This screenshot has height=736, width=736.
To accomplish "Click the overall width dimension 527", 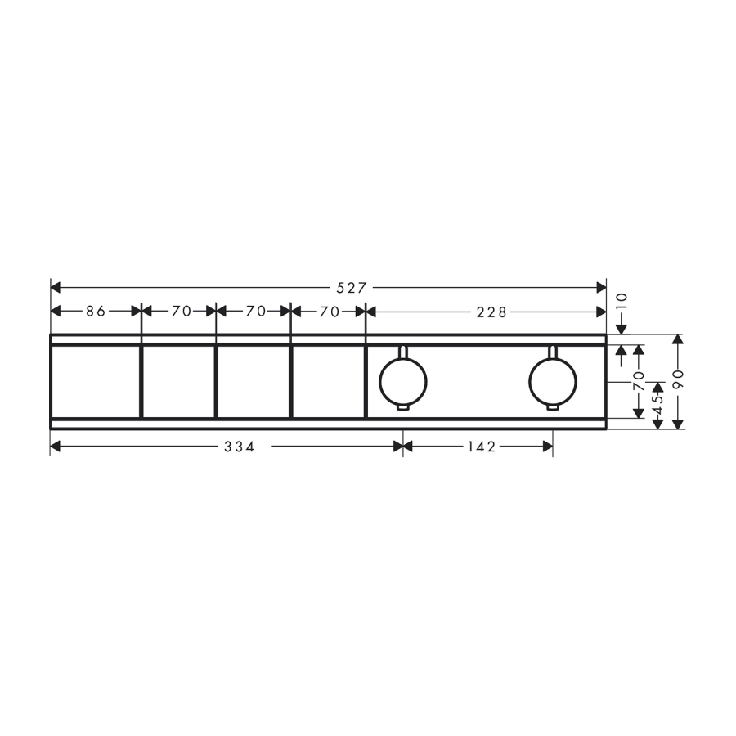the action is click(351, 288).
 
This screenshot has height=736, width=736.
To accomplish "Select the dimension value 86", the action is click(96, 312).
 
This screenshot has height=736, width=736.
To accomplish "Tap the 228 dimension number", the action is click(491, 312).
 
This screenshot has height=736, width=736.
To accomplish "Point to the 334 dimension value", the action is click(240, 447).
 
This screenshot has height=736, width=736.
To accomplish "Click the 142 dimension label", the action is click(482, 447).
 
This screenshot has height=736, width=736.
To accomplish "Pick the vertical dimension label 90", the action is click(678, 379).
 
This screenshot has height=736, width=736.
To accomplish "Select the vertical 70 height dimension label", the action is click(639, 380).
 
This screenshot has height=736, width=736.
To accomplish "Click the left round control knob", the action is click(403, 382).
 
